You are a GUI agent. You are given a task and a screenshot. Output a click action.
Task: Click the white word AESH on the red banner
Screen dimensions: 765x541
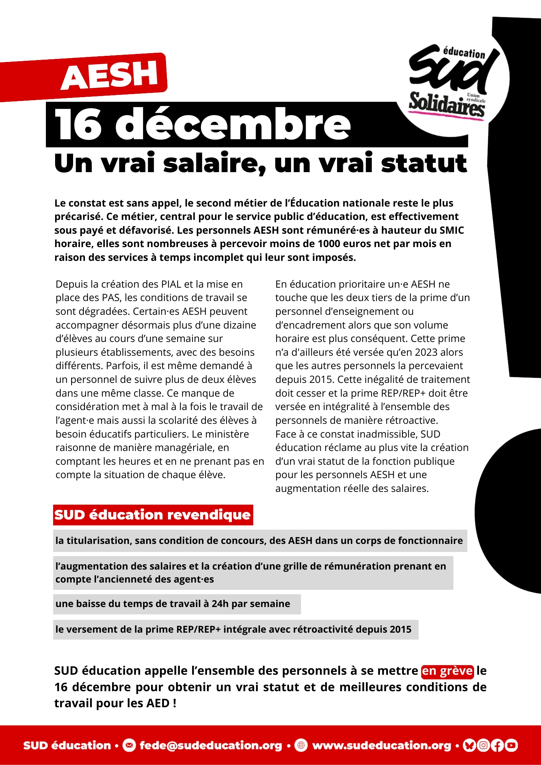point(110,75)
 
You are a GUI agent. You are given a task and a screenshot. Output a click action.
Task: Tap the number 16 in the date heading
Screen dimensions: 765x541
point(78,125)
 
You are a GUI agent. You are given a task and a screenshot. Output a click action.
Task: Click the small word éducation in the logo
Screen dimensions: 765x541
point(464,53)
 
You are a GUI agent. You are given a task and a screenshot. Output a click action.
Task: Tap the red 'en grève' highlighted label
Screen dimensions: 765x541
point(447,671)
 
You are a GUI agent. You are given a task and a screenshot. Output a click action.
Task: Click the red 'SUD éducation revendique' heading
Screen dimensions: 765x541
point(153,515)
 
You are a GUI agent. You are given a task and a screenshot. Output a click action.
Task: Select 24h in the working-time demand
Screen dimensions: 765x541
point(220,604)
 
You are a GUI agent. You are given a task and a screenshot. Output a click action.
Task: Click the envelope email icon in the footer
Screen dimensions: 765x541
point(129,745)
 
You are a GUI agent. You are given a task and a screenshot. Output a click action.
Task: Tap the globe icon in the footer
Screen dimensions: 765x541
point(301,745)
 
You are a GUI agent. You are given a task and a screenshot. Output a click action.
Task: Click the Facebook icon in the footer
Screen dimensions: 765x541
point(497,745)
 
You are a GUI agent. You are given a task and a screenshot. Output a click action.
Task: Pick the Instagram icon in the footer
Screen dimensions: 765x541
point(483,745)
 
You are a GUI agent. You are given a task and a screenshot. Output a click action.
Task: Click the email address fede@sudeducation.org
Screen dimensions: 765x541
point(210,745)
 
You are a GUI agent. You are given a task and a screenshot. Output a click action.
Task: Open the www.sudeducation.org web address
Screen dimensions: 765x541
point(381,745)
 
